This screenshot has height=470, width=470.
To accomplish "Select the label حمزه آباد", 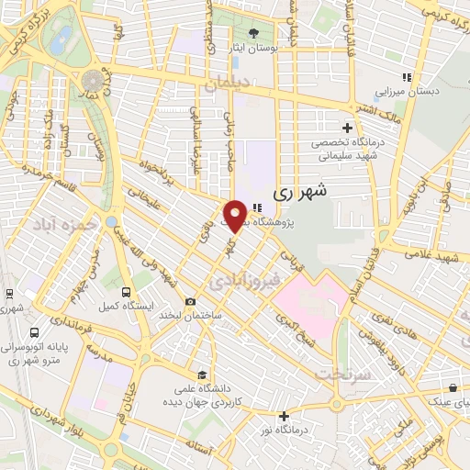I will (x=59, y=224).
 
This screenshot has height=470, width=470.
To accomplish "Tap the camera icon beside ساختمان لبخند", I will (x=190, y=301).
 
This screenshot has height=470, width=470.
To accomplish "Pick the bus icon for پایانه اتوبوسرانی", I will (x=34, y=333).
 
